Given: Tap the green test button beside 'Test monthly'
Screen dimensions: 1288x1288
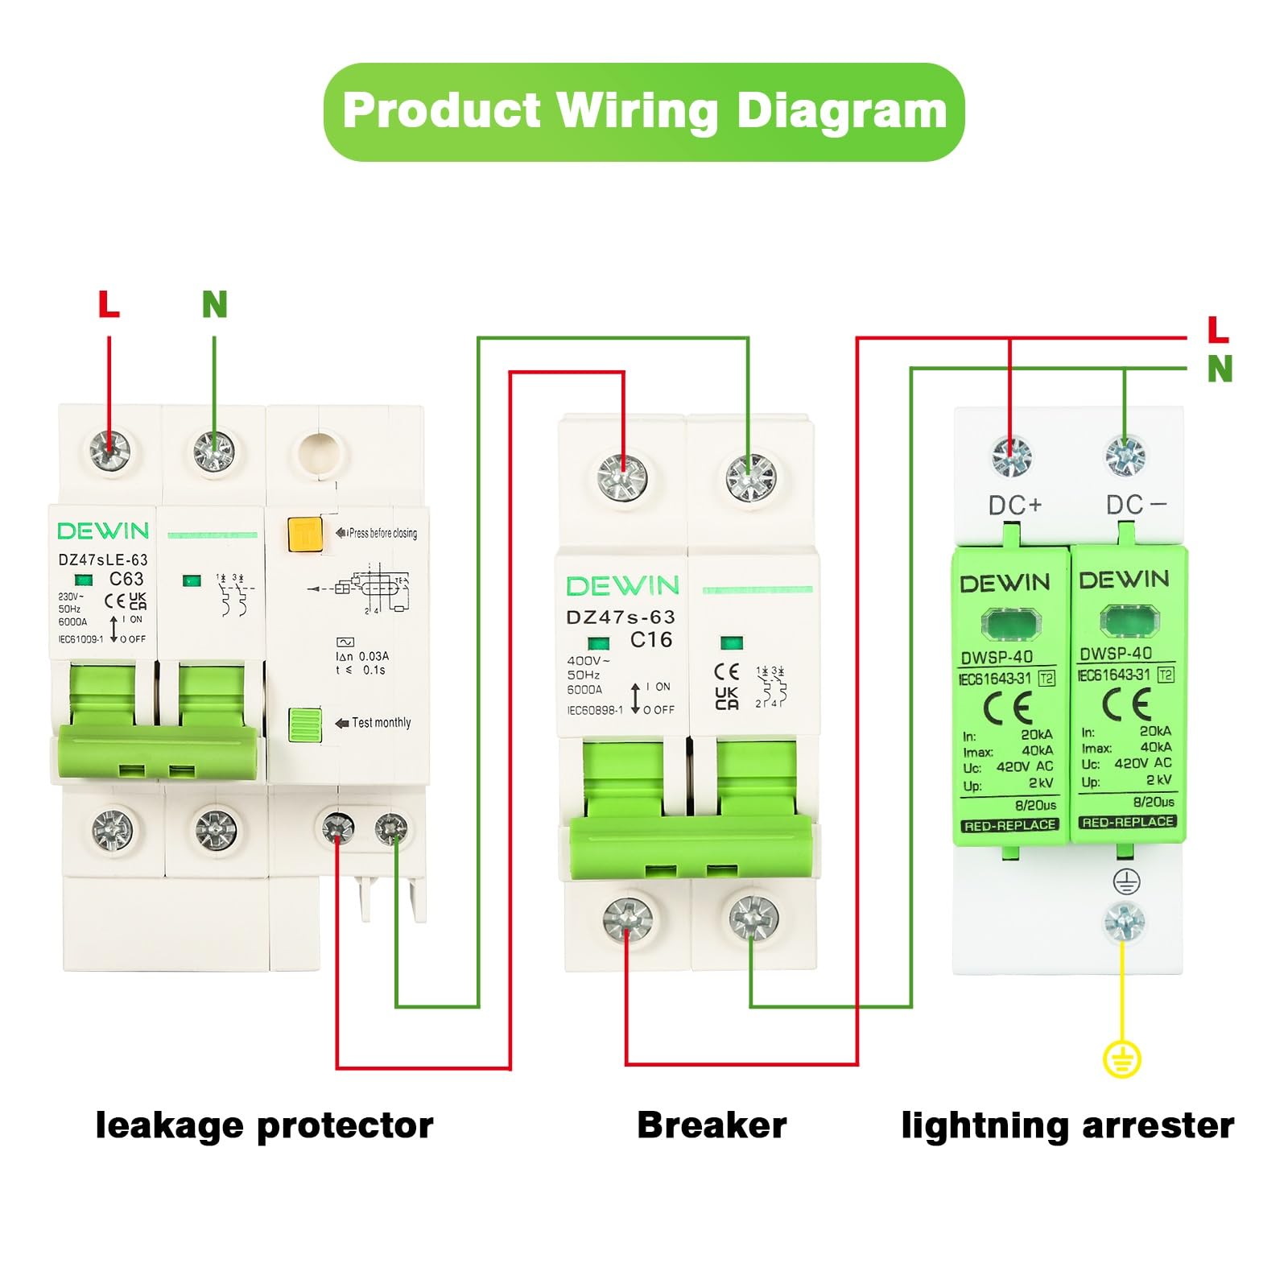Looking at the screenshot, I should [x=305, y=724].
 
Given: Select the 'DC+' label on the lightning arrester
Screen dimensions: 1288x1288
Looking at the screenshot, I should [x=1015, y=506].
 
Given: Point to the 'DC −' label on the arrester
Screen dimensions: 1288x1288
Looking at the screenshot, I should [x=1135, y=505].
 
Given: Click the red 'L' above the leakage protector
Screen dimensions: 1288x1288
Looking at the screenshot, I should [x=109, y=304].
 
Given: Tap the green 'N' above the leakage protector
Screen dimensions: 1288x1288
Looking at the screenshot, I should [x=214, y=304].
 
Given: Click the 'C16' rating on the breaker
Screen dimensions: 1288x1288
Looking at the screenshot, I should [x=650, y=640].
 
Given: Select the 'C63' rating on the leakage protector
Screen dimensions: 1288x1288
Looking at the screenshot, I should [x=126, y=579].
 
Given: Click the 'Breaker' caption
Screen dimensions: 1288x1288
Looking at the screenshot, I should [x=712, y=1125].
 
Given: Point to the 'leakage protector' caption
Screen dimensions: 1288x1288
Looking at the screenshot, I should [x=264, y=1125].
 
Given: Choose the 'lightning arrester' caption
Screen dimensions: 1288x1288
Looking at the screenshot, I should [x=1067, y=1125].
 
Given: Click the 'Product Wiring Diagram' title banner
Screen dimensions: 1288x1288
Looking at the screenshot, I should [x=644, y=111].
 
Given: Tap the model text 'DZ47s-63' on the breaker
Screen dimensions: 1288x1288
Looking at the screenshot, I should [x=621, y=617].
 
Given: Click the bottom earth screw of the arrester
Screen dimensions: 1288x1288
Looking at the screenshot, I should [x=1124, y=923].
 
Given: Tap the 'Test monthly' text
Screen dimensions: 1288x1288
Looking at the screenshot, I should [x=381, y=723].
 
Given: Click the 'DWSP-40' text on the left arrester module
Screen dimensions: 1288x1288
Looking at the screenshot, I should [x=997, y=657].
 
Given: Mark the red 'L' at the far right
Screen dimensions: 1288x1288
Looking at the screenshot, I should [x=1218, y=330].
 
